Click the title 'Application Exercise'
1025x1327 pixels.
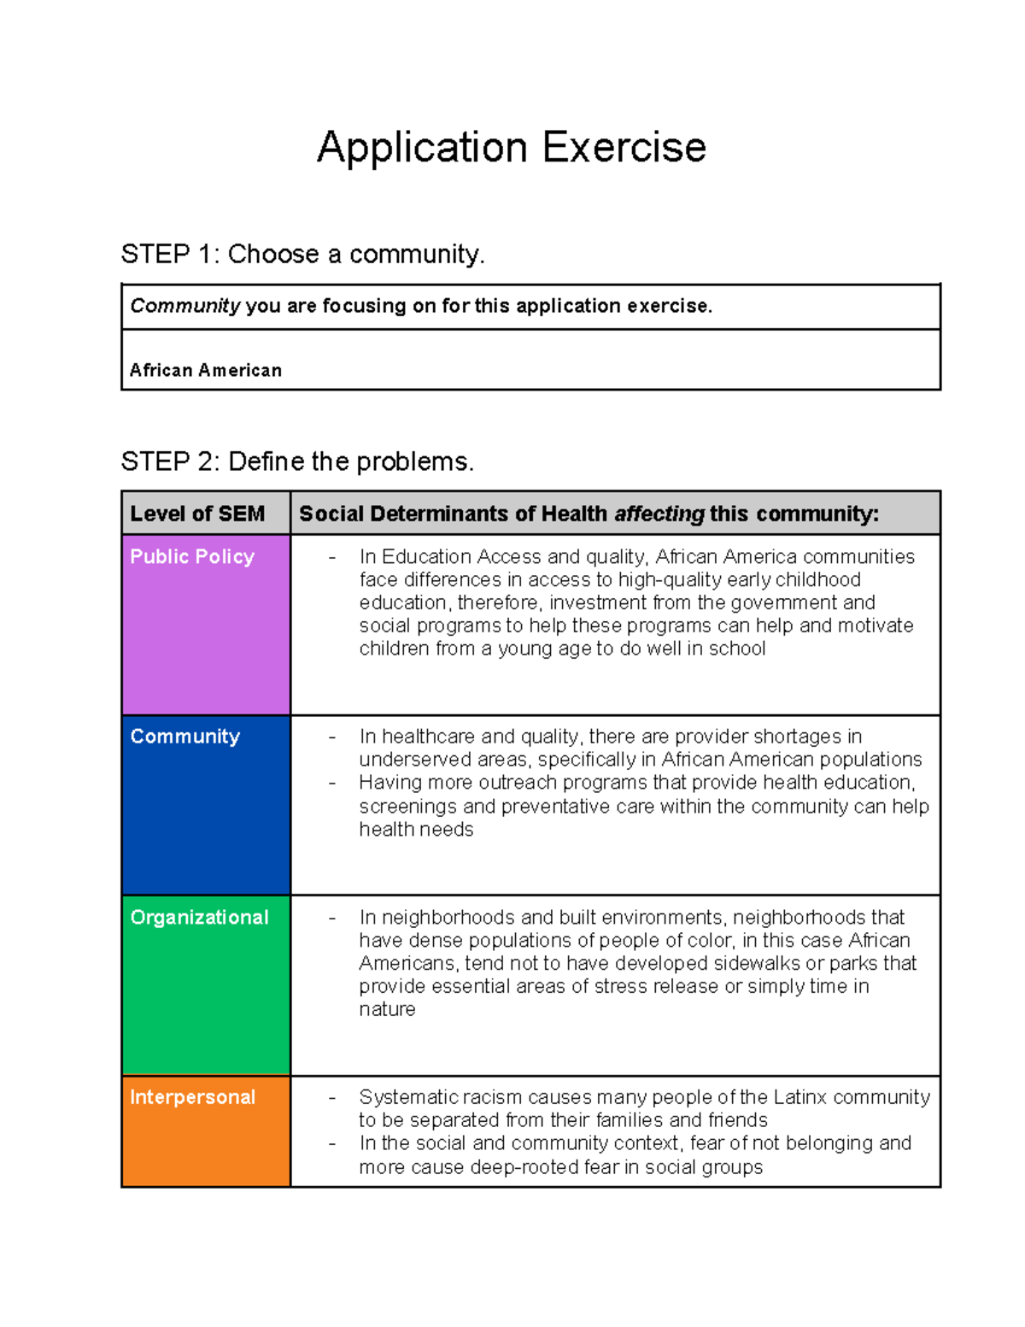point(511,147)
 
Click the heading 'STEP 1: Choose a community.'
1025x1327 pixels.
point(302,254)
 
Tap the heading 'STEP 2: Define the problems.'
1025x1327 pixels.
point(297,461)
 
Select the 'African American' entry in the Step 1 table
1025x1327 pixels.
point(206,370)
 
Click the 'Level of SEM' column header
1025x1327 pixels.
point(197,514)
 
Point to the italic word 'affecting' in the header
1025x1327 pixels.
point(659,514)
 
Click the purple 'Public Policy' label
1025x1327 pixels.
point(192,556)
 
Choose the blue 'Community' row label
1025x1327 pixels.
point(184,737)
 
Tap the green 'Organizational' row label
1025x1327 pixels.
point(199,917)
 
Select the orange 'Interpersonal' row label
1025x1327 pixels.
point(192,1097)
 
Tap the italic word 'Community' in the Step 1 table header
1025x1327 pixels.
point(184,306)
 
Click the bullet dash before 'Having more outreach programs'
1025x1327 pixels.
point(332,783)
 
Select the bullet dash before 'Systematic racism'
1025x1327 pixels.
point(332,1097)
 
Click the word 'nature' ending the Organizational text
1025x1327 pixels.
point(387,1009)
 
